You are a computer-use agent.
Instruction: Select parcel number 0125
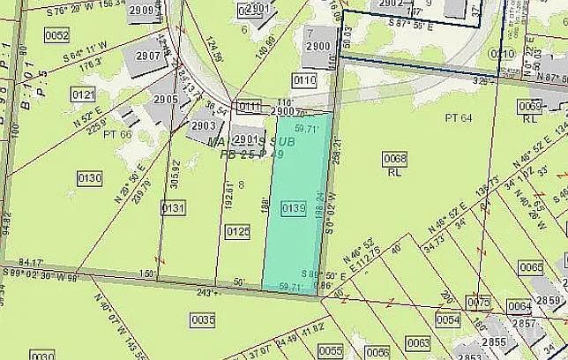[238, 231]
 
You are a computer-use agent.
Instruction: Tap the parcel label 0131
[173, 208]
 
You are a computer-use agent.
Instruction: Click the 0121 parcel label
[84, 94]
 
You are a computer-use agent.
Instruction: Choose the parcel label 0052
[56, 35]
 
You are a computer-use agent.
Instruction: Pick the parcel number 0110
[304, 80]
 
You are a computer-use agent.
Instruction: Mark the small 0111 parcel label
[250, 106]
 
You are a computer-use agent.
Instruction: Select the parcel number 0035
[203, 321]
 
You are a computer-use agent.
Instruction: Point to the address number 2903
[204, 126]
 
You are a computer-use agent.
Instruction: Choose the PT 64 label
[459, 117]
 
